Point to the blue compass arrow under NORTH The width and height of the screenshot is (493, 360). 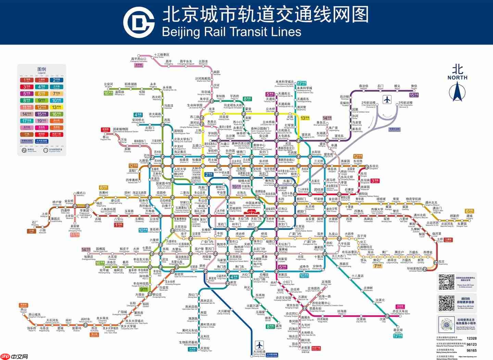click(457, 91)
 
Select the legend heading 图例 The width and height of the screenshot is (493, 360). click(42, 69)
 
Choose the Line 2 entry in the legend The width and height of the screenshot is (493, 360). click(56, 80)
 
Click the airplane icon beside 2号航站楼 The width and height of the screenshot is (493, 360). click(387, 100)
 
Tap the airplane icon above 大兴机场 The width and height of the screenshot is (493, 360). click(260, 344)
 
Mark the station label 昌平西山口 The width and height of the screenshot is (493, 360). click(139, 59)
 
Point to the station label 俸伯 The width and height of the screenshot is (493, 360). click(414, 86)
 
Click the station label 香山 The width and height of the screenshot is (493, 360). click(105, 137)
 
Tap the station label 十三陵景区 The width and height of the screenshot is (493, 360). click(161, 55)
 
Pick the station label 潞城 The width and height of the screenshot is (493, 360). click(469, 216)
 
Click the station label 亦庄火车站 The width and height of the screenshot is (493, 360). click(400, 311)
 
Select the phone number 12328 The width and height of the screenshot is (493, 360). click(471, 338)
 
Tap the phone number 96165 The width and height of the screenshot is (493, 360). click(471, 350)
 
